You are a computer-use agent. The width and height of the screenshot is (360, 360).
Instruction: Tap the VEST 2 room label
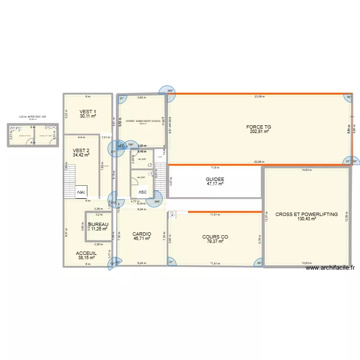pos(81,150)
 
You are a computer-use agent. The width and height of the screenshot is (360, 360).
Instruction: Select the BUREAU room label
pos(98,224)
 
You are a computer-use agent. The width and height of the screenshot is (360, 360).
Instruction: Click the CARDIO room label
pos(142,234)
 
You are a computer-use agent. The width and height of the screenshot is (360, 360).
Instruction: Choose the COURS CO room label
pos(215,237)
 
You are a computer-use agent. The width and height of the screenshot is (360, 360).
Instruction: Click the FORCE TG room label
pos(259,127)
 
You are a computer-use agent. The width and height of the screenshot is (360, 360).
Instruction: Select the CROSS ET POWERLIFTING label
pos(306,214)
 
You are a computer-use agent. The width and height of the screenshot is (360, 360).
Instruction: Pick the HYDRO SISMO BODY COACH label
pos(143,121)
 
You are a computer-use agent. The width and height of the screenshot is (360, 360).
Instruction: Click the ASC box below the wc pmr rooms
pos(142,192)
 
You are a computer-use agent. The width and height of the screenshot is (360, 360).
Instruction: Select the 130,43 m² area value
pos(306,219)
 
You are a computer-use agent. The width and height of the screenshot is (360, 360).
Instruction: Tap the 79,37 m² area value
pos(215,241)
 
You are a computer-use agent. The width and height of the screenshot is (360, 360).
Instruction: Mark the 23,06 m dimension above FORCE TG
pos(260,96)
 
